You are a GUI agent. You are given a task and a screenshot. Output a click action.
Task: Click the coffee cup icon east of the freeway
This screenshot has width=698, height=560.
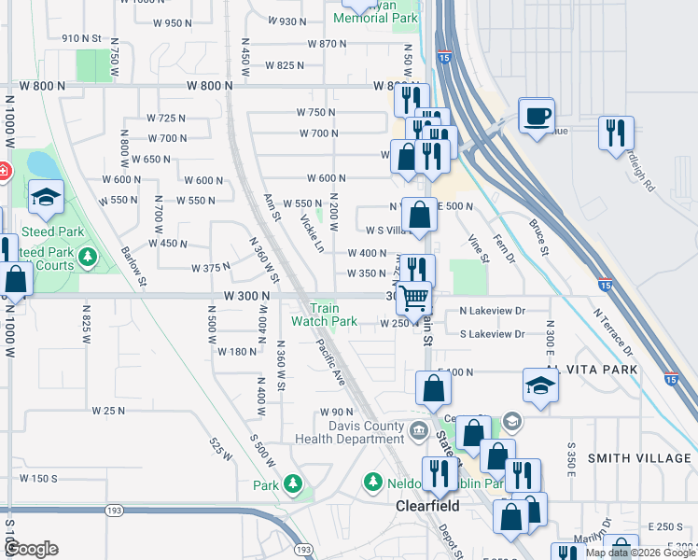click(x=537, y=116)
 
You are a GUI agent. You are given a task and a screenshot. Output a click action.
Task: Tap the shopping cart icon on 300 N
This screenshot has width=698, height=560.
click(x=413, y=299)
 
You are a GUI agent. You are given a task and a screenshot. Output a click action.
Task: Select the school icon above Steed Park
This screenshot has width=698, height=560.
click(x=46, y=197)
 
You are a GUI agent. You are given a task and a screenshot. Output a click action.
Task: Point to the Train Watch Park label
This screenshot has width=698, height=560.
click(x=324, y=315)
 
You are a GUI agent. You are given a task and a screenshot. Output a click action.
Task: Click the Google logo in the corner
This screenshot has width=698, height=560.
click(x=32, y=549)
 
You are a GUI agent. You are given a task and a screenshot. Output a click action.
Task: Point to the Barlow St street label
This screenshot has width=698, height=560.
click(x=133, y=266)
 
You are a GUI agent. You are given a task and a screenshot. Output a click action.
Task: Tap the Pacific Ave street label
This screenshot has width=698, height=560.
click(x=330, y=363)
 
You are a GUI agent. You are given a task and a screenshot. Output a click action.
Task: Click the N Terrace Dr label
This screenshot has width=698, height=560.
click(x=617, y=331)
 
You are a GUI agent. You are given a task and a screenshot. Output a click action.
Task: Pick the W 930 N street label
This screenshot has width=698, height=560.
click(x=287, y=21)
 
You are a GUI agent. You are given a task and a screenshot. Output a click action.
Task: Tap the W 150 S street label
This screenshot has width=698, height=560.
click(x=37, y=478)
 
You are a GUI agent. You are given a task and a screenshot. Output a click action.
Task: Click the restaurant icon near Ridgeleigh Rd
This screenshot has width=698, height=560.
click(x=616, y=133)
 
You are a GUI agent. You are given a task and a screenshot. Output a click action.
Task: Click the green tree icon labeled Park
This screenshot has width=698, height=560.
click(x=293, y=483)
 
